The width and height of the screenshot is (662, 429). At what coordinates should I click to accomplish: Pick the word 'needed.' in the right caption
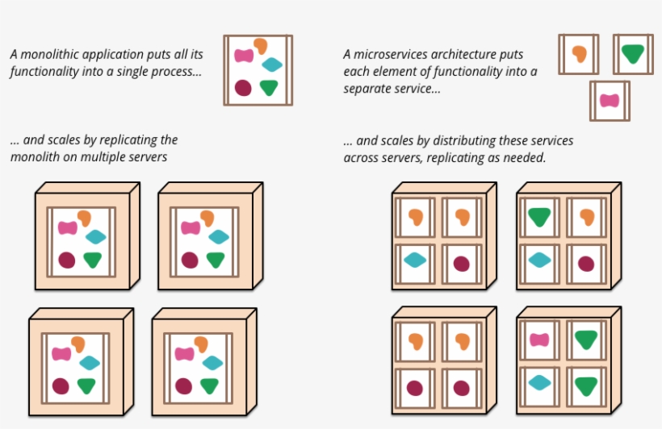tap(525, 156)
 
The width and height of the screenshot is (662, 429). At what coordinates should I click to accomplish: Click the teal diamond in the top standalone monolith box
tap(273, 65)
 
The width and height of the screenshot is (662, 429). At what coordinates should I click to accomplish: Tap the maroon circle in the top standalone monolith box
tap(243, 87)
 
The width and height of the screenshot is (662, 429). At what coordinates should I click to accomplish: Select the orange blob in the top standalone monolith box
tap(260, 46)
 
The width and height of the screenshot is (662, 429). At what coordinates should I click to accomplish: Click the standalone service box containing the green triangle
tap(632, 54)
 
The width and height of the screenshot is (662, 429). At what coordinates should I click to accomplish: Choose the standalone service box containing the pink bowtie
tap(610, 101)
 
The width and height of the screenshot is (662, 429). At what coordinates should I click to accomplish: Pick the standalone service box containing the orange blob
tap(578, 54)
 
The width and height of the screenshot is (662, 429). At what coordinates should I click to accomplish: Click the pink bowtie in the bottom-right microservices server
tap(540, 339)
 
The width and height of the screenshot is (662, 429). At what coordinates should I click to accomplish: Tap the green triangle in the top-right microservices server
tap(540, 217)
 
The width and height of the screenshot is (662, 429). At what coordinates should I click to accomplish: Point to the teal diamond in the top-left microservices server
tap(415, 260)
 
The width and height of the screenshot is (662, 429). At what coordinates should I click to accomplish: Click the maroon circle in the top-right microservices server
tap(586, 263)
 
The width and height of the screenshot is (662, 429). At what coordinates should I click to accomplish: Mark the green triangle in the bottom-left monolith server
tap(86, 385)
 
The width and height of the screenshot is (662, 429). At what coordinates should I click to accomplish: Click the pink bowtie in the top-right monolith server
tap(191, 228)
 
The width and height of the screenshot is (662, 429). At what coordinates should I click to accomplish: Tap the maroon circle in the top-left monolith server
tap(67, 260)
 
